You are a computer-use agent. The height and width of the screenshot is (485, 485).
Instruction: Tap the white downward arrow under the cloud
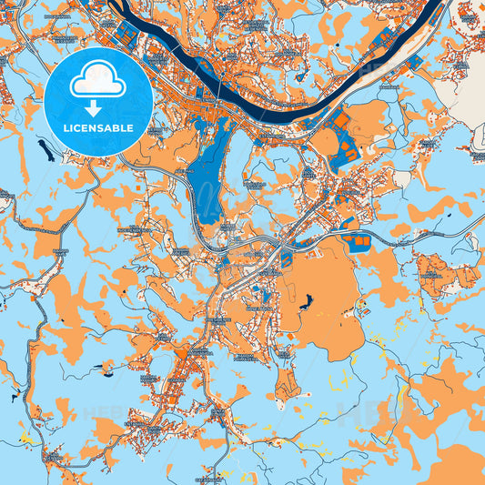[97, 107]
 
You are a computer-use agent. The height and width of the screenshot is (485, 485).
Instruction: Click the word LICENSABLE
[97, 128]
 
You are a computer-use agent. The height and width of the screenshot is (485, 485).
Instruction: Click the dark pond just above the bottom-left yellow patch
[15, 397]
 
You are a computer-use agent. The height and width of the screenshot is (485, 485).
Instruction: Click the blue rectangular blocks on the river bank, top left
[124, 36]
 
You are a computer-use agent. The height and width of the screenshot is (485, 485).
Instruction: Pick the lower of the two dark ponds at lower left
[15, 397]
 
